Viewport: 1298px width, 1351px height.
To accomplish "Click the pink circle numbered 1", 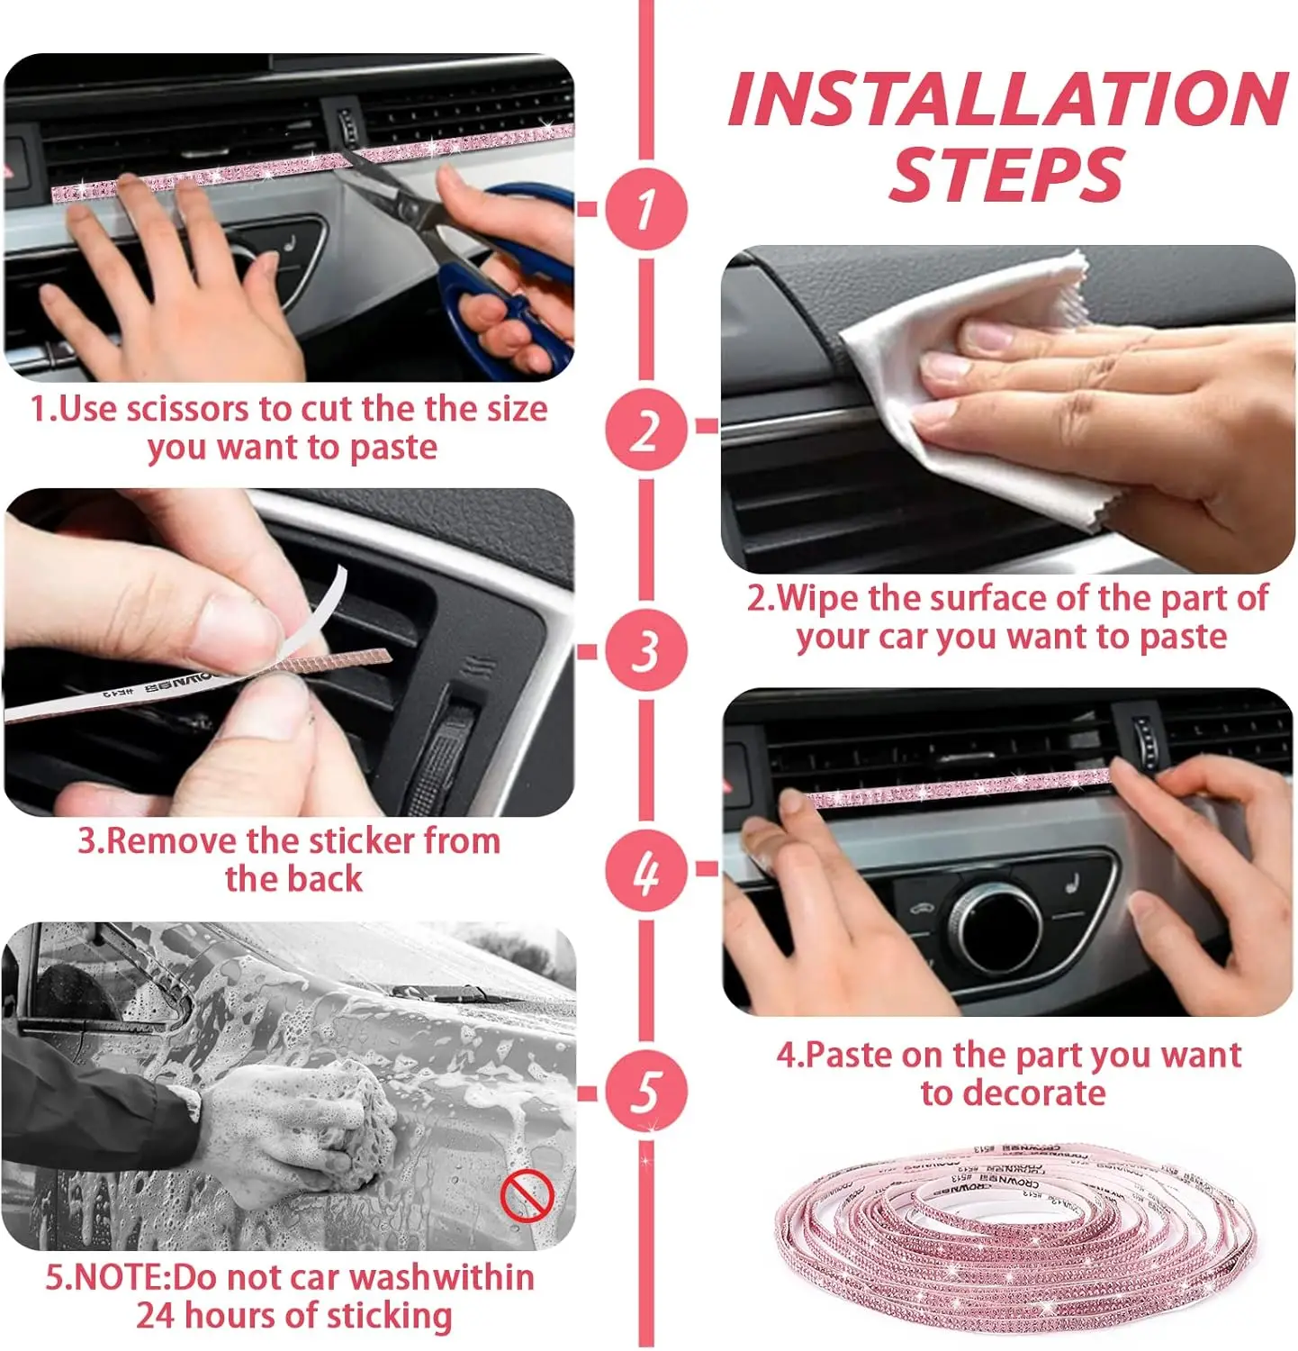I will click(x=645, y=208).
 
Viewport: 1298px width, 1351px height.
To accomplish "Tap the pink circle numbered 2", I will click(x=645, y=429).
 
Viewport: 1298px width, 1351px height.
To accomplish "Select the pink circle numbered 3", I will click(x=645, y=650).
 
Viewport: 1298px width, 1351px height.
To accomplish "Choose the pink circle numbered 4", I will click(x=645, y=871).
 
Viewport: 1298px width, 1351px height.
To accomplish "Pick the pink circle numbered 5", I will click(x=645, y=1093).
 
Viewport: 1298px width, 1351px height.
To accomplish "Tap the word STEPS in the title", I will click(x=1006, y=174).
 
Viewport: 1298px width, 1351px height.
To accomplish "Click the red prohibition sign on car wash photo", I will click(x=526, y=1198).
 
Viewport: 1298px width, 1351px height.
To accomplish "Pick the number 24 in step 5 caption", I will click(x=156, y=1316).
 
